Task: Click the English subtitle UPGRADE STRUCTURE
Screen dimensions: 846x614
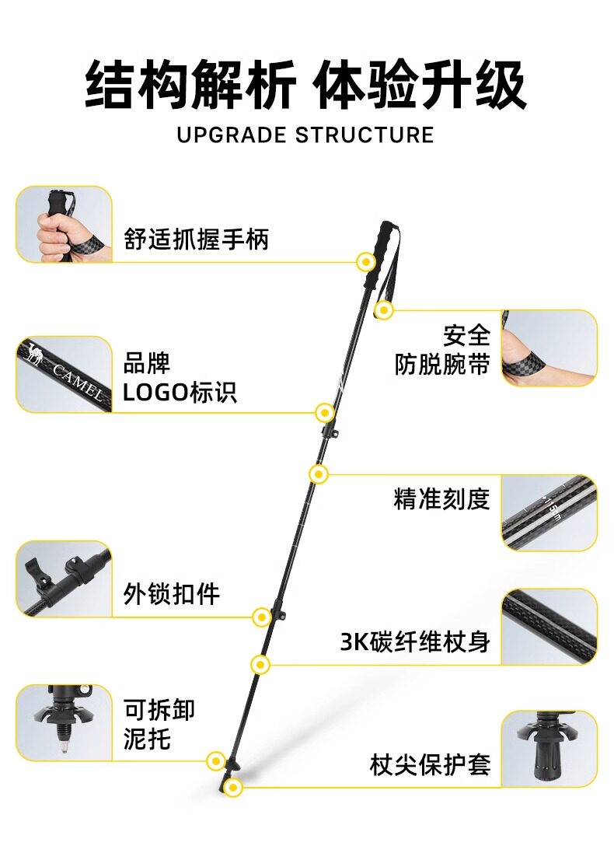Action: click(x=305, y=135)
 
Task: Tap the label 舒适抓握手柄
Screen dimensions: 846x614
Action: click(x=196, y=239)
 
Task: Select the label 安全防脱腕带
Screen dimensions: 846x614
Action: click(x=442, y=350)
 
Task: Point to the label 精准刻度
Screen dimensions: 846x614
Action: click(x=441, y=498)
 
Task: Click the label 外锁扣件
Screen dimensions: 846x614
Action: click(x=172, y=594)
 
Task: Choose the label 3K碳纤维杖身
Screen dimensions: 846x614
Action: click(x=416, y=642)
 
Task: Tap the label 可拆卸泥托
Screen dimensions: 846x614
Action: click(x=159, y=723)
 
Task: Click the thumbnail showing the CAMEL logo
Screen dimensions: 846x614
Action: click(x=64, y=374)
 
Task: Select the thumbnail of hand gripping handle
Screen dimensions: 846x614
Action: click(x=64, y=224)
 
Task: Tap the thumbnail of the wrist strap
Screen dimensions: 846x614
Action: click(x=549, y=348)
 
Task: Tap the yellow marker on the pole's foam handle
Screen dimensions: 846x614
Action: click(x=366, y=261)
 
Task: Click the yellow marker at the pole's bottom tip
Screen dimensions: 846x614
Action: click(x=232, y=788)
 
